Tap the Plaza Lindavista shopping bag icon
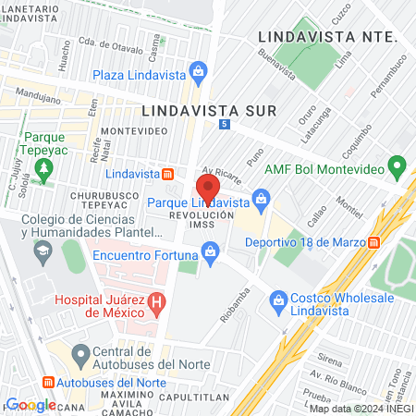pos(197,71)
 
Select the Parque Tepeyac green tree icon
pos(44,165)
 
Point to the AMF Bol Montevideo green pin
pos(398,168)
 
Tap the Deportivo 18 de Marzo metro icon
pos(374,243)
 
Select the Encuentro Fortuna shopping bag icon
pos(211,250)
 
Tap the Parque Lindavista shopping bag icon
pos(262,197)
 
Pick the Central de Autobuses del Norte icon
pos(80,352)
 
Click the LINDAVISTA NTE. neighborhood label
pos(328,36)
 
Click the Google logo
pos(31,405)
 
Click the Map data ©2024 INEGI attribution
pos(361,408)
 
